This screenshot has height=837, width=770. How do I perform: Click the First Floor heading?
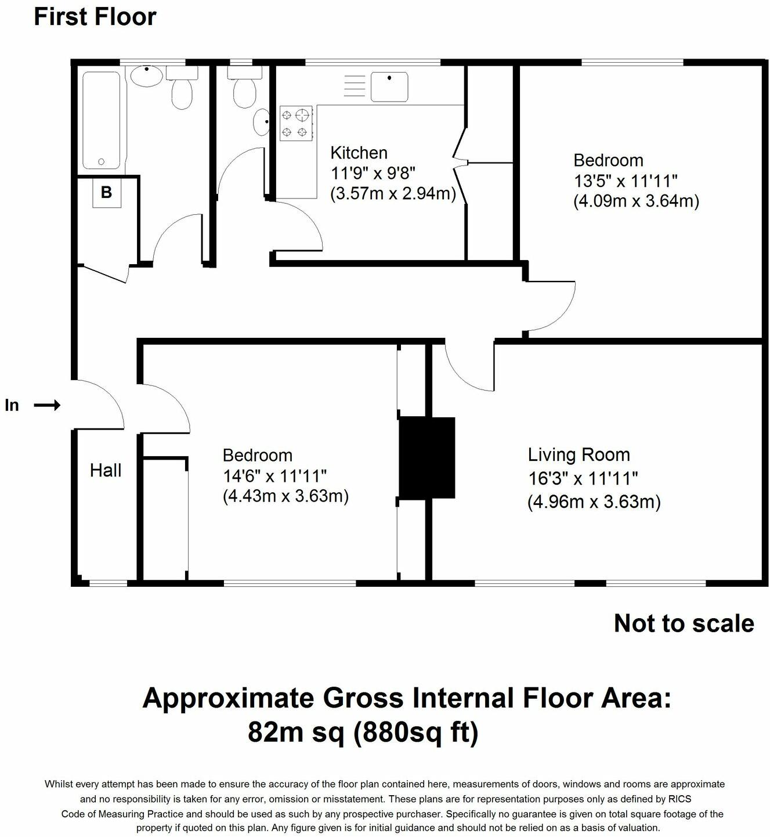tap(95, 17)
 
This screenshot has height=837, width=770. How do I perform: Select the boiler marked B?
tap(106, 192)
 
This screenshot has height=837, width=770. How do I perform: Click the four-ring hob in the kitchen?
tap(296, 123)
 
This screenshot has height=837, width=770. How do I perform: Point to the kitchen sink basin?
tap(389, 86)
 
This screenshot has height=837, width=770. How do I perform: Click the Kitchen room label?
tap(359, 153)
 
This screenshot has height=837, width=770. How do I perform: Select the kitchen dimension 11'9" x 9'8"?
tap(373, 173)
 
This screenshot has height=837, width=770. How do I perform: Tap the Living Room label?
tap(579, 454)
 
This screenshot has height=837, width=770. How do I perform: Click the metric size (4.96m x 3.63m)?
tap(594, 502)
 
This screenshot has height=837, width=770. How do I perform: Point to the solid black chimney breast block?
tap(427, 457)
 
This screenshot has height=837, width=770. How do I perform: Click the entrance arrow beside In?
tap(47, 405)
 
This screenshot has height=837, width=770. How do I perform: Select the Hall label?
tap(106, 470)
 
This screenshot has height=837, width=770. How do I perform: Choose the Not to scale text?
tap(684, 623)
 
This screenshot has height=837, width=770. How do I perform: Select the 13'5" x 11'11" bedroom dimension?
tap(626, 181)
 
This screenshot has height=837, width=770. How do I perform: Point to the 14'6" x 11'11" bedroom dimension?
tap(275, 476)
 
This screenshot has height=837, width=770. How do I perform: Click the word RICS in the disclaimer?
tap(679, 799)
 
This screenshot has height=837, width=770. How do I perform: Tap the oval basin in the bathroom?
tap(146, 77)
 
